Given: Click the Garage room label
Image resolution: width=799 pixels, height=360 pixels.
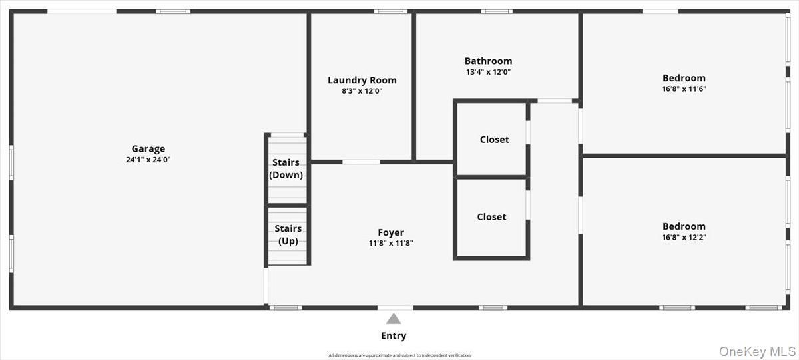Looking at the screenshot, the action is pos(148,148).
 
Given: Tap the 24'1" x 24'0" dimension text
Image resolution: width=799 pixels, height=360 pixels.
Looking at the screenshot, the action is pos(148,160).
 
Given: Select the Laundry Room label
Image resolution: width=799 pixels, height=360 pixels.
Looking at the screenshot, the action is pos(362,81).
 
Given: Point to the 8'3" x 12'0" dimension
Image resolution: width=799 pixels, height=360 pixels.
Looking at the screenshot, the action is pos(362,91).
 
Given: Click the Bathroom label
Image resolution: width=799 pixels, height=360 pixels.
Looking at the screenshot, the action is pos(488,61).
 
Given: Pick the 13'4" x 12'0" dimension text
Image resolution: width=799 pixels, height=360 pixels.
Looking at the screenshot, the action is pos(488,72).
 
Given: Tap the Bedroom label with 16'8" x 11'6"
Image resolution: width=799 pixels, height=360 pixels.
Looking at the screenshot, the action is pos(684,78).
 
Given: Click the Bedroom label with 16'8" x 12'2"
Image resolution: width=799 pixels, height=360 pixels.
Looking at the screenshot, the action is pos(684,226).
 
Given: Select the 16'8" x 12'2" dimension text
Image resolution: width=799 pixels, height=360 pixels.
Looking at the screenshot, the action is pos(684,237).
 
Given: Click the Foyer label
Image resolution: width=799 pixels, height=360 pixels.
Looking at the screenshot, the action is pos(391,232).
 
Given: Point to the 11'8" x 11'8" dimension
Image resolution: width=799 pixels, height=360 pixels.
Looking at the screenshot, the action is pos(391,243).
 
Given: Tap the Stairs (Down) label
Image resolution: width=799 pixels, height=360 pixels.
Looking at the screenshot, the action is pos(286,168).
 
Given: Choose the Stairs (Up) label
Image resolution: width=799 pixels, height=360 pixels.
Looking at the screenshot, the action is pos(288,234).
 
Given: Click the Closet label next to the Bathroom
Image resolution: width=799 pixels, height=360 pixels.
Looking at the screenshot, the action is pos(494,140).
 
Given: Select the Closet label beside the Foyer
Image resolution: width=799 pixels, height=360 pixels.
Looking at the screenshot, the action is pos(491,217).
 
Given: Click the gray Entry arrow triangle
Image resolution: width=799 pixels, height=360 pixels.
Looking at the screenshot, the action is pos(394,319).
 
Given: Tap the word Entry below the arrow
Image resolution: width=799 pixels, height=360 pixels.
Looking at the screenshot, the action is pos(394,336).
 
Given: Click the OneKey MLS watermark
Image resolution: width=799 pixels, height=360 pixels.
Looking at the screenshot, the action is pos(757,351).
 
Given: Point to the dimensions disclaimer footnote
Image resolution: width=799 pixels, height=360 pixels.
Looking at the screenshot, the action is pos(400,355).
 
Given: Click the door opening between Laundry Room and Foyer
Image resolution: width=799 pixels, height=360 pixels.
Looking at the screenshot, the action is pos(361,162).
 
